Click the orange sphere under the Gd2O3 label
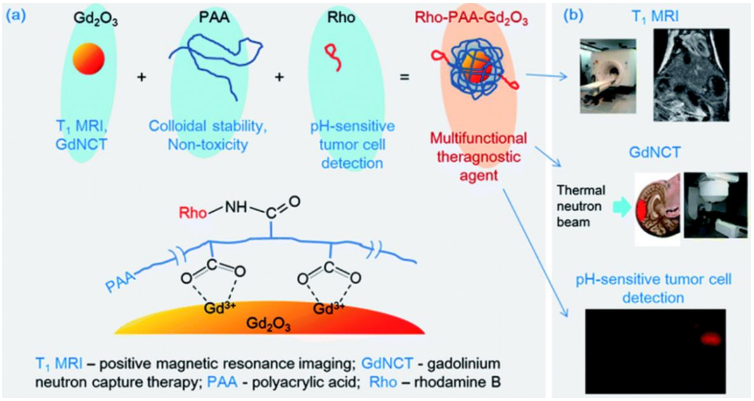tap(88, 59)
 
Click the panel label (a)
tap(16, 16)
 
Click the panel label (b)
tap(573, 16)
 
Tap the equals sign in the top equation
tap(405, 77)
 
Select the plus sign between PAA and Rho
tap(279, 77)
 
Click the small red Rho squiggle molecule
tap(334, 57)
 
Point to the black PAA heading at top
tap(214, 18)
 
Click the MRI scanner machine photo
tap(608, 76)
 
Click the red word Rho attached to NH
tap(193, 213)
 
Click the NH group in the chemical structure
tap(236, 207)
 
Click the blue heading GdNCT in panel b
tap(654, 152)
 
